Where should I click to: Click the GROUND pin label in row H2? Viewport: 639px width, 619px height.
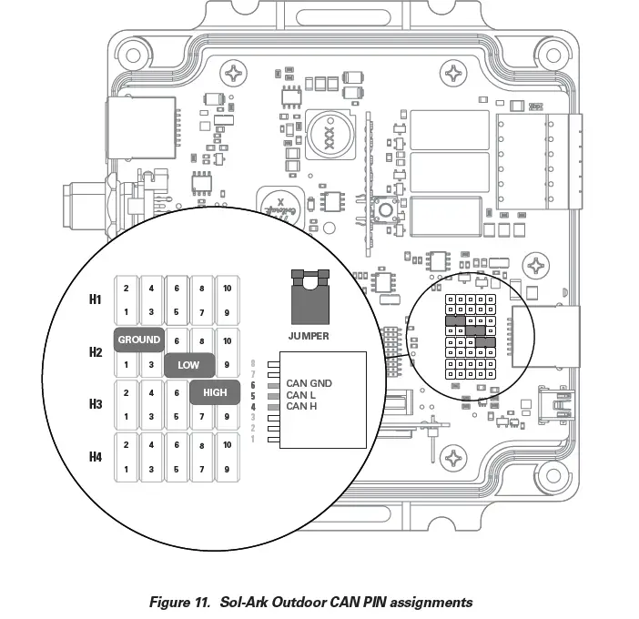coord(138,340)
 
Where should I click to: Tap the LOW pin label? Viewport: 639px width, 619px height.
coord(188,365)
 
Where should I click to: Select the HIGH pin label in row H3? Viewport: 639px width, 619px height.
coord(215,391)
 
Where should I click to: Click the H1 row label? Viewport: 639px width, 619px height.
coord(96,299)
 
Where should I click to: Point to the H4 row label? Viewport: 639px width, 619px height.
coord(96,456)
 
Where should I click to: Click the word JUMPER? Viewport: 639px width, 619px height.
coord(308,336)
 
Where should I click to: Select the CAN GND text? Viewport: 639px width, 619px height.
coord(309,383)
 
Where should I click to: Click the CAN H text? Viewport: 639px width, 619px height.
coord(302,406)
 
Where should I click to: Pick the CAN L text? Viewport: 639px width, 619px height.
coord(301,395)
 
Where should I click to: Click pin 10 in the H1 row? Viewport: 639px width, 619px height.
coord(228,289)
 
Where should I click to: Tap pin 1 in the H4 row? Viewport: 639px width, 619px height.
coord(126,470)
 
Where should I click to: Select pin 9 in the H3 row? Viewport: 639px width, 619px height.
coord(228,417)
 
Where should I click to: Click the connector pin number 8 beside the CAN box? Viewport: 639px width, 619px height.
coord(253,363)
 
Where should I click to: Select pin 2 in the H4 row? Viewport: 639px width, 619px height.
coord(126,445)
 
